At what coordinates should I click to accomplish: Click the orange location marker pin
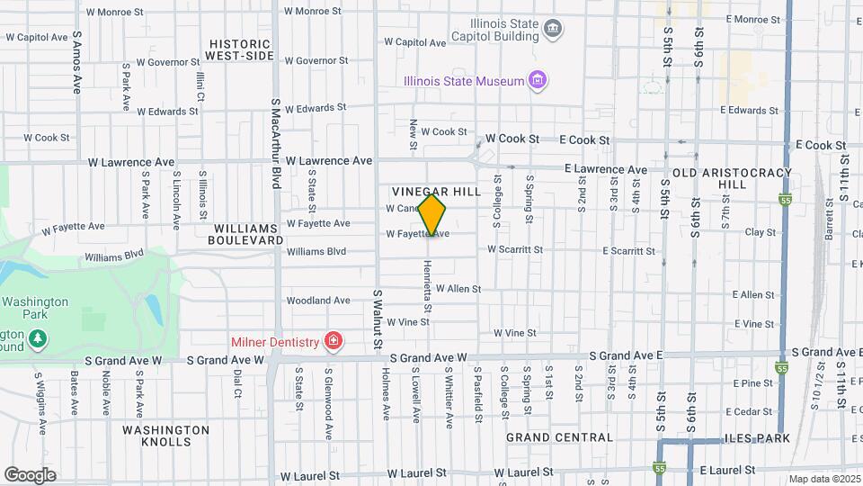point(432,216)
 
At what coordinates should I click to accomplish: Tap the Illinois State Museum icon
point(538,81)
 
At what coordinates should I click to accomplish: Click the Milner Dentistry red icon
point(334,341)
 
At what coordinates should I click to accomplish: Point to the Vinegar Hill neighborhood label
point(436,193)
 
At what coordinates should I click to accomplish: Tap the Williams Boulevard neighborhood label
point(245,234)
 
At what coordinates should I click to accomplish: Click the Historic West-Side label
point(239,49)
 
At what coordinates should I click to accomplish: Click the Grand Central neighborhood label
point(559,437)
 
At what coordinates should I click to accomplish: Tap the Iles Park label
point(761,438)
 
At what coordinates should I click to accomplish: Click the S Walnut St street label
point(378,319)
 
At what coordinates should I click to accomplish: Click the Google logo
point(30,474)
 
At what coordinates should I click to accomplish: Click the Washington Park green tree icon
point(38,338)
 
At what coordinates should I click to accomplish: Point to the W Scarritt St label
point(515,249)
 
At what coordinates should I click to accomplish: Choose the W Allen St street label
point(458,289)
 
